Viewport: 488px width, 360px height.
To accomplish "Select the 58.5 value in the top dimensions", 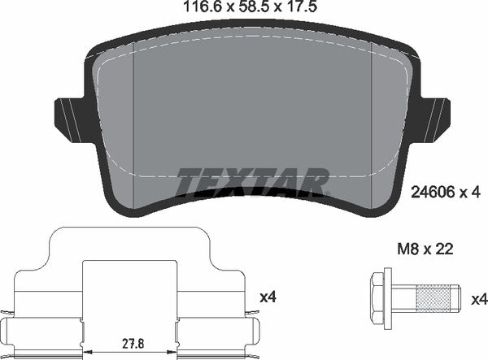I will [242, 8].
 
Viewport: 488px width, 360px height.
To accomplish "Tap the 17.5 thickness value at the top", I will [289, 8].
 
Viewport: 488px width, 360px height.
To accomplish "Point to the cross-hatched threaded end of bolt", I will [436, 299].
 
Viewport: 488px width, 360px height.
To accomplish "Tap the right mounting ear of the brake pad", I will [434, 115].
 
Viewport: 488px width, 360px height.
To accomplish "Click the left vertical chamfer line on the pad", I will [133, 122].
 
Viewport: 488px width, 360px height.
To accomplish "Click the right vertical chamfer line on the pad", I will [371, 122].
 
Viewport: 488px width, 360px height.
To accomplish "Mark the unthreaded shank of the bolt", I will [403, 299].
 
